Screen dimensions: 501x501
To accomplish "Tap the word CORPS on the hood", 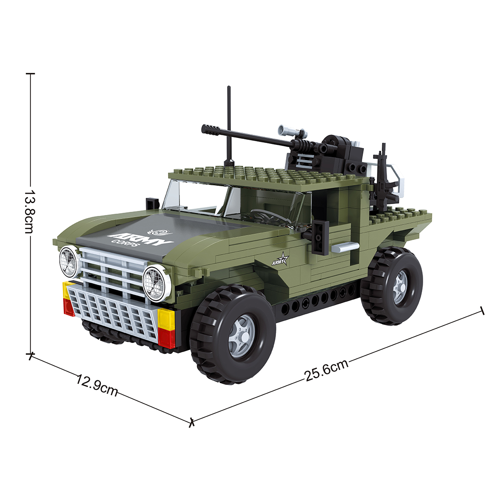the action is (x=126, y=243).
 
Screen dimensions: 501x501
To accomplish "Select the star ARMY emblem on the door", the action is (x=281, y=260).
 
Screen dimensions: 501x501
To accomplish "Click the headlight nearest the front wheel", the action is (x=157, y=283).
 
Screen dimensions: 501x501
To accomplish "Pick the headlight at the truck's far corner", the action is (x=69, y=262).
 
